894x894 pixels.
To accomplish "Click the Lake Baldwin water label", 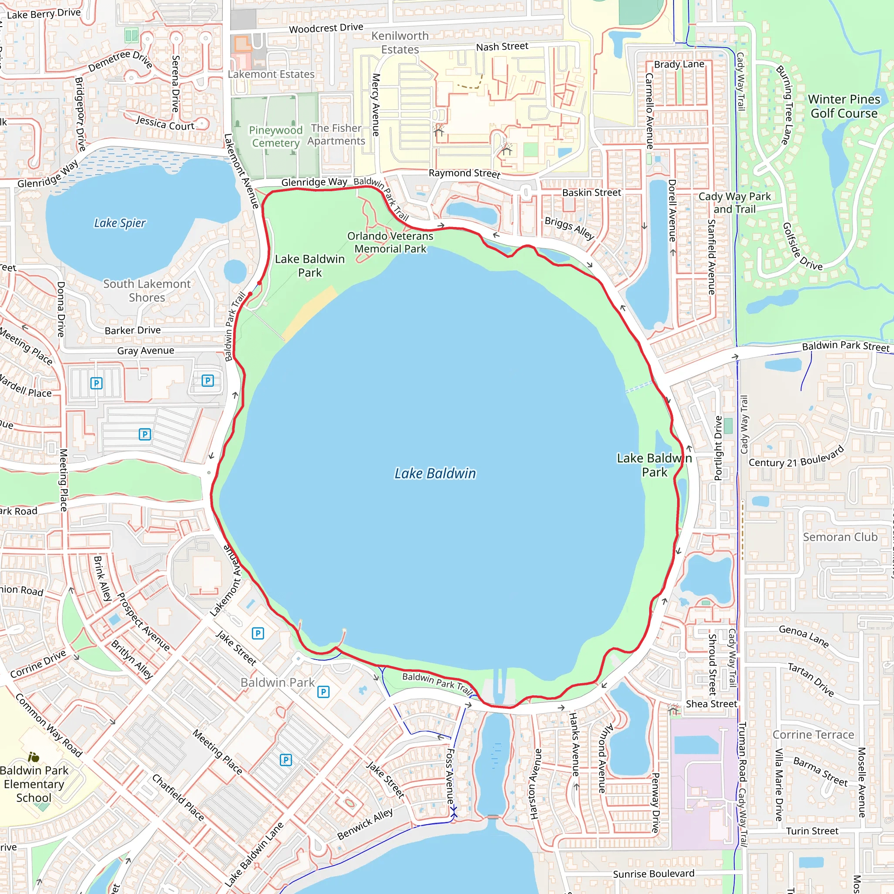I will click(434, 473).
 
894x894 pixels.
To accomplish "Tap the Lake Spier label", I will click(120, 223).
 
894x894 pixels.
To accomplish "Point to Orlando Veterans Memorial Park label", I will click(390, 242).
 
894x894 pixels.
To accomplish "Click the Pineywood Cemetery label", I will click(275, 137).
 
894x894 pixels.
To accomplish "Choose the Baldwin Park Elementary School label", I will click(34, 784).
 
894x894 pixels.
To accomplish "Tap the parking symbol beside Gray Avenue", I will click(208, 381).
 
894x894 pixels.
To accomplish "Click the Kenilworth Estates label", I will click(400, 43).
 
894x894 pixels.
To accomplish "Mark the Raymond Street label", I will click(464, 174).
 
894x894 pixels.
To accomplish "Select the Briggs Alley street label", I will click(569, 228).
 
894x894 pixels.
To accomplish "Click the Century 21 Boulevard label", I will click(796, 457).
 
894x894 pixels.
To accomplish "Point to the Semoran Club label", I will click(840, 537).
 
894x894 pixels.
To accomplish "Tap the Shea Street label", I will click(711, 704).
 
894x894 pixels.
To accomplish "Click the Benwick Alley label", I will click(365, 824).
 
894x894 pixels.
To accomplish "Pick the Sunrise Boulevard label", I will click(653, 873).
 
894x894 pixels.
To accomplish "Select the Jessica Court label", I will click(165, 124).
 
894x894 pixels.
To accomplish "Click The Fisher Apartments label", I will click(337, 134).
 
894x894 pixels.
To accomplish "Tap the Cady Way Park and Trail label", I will click(734, 203).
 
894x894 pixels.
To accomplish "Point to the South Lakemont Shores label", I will click(147, 291).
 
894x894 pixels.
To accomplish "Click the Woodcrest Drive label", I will click(326, 28).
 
